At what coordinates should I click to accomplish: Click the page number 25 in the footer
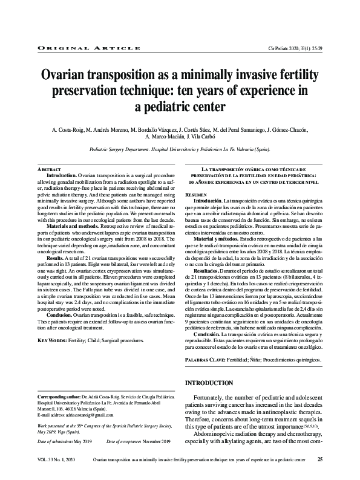coord(320,460)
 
